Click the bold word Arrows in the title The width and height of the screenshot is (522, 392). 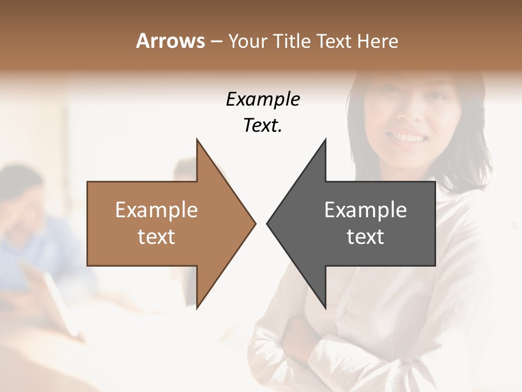click(171, 41)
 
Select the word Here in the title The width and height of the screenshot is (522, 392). click(378, 41)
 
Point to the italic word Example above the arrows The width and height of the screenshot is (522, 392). click(263, 99)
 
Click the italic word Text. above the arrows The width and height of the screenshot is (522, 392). click(263, 126)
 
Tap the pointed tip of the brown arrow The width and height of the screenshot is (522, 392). click(253, 223)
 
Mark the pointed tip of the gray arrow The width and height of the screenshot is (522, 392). click(269, 223)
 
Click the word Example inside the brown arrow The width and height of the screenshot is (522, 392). click(157, 210)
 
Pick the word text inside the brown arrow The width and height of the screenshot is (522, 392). click(157, 237)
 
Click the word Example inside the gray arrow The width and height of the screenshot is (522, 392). click(365, 210)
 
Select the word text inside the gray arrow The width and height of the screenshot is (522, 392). click(365, 237)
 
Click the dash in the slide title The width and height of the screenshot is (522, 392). click(216, 42)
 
